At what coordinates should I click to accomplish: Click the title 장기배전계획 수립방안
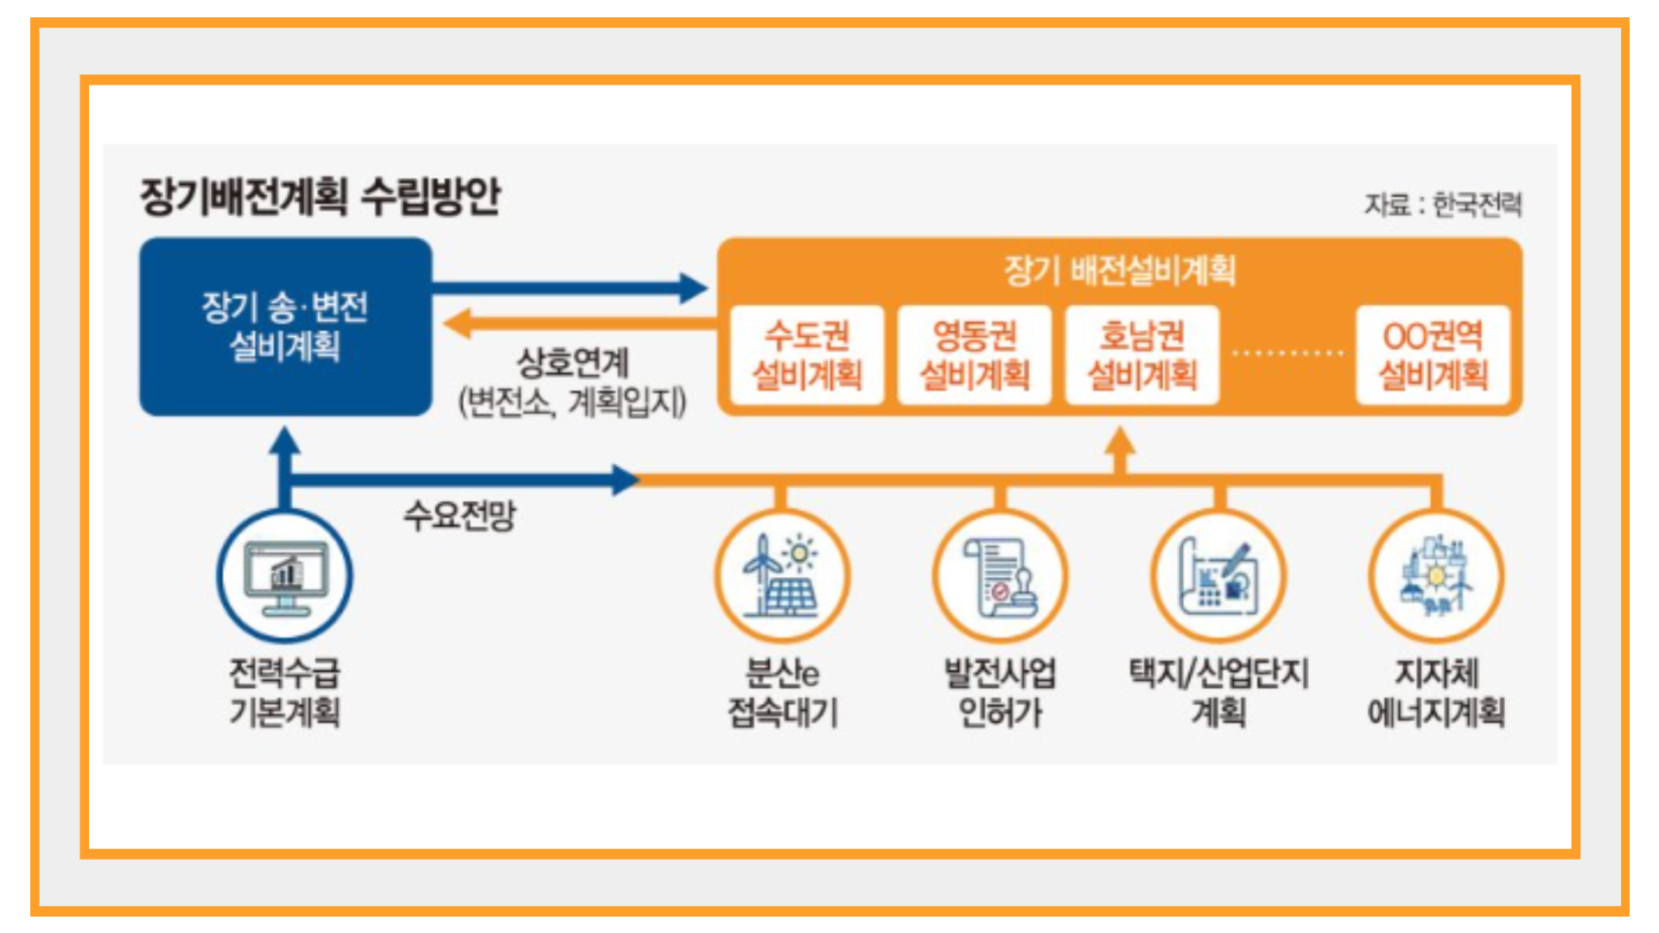[321, 196]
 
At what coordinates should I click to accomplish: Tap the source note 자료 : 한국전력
[1443, 205]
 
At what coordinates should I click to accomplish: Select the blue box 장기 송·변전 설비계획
[286, 327]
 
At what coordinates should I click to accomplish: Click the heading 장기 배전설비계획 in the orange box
[1120, 270]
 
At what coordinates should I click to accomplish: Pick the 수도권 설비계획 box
[807, 355]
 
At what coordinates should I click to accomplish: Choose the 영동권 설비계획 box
[975, 355]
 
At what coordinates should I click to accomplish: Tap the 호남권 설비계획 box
[1142, 355]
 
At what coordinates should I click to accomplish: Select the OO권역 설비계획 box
[1433, 355]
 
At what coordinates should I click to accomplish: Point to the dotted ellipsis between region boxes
[1287, 352]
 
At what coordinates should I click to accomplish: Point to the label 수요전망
[460, 516]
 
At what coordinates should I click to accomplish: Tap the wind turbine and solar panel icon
[782, 575]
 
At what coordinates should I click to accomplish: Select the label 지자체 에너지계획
[1437, 693]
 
